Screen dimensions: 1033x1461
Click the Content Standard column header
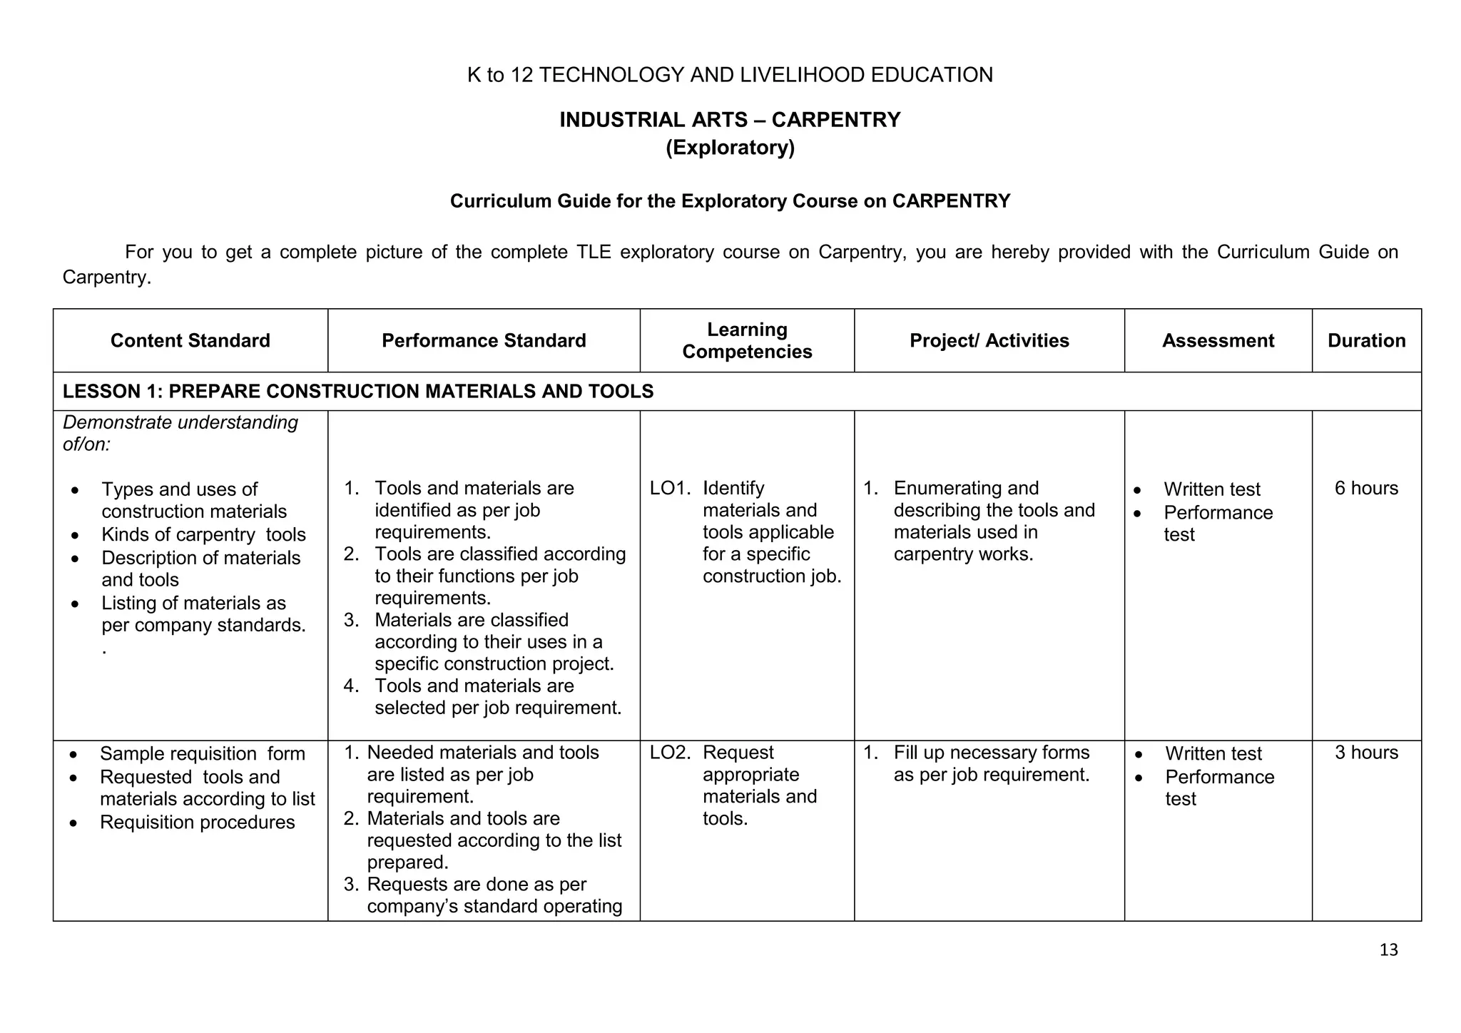coord(190,340)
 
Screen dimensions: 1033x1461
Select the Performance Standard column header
coord(484,340)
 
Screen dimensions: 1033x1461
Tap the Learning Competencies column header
coord(747,340)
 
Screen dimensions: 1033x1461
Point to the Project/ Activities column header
coord(989,340)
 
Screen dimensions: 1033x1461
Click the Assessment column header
coord(1218,340)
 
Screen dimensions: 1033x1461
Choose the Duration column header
coord(1366,340)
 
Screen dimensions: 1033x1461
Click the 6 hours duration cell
coord(1366,488)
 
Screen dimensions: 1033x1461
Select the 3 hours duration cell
coord(1366,753)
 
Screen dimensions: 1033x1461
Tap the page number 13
coord(1388,950)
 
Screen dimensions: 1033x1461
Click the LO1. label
coord(671,488)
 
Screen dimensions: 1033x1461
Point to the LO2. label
coord(671,753)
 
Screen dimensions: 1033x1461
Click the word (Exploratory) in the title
coord(730,148)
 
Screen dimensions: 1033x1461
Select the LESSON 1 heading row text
coord(358,391)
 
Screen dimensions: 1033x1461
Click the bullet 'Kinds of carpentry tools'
coord(203,534)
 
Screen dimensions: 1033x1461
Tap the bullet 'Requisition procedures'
coord(197,822)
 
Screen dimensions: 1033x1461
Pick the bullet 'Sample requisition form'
coord(202,753)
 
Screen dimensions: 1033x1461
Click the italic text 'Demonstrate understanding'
coord(180,422)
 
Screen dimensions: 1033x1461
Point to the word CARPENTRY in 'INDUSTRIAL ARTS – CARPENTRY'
coord(835,119)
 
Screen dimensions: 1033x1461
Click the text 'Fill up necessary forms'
coord(992,753)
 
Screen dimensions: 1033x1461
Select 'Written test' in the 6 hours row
coord(1211,489)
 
